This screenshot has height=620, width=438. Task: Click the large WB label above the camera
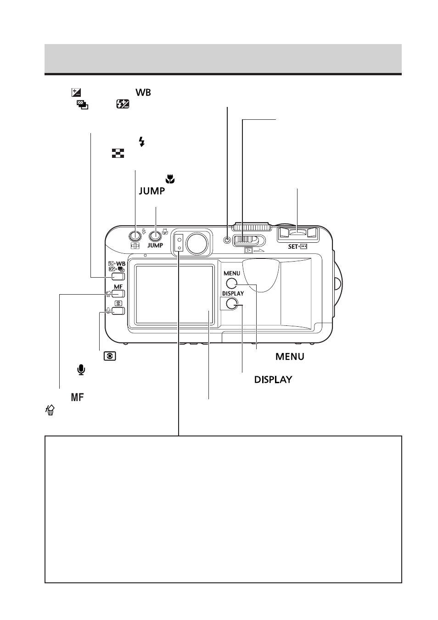(x=143, y=92)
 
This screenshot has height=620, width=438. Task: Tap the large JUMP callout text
(x=152, y=191)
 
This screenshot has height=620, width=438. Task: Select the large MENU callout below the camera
(x=290, y=357)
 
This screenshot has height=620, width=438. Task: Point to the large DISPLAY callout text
(x=273, y=380)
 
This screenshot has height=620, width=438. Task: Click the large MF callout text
(x=77, y=397)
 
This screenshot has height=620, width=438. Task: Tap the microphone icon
(x=81, y=370)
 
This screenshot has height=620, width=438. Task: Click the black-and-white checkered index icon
(x=118, y=153)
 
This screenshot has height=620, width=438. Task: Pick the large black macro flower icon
(x=170, y=179)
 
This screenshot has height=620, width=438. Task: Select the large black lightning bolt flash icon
(x=142, y=142)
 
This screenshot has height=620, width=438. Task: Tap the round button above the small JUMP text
(x=155, y=236)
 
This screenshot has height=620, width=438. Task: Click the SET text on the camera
(x=293, y=246)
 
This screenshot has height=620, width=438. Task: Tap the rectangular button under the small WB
(x=118, y=277)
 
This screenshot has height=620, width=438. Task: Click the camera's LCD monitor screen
(x=174, y=294)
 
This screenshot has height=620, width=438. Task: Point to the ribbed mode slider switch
(x=247, y=240)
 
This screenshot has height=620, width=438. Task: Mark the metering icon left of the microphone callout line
(x=110, y=356)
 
